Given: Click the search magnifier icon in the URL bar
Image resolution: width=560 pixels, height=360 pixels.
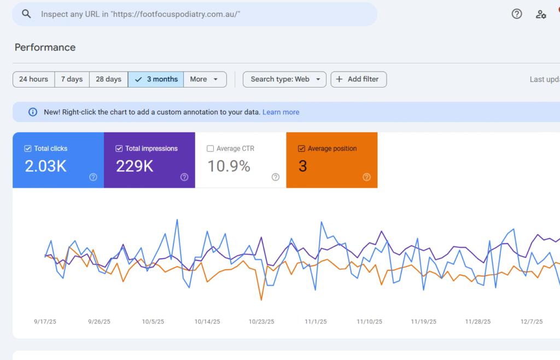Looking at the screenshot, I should [x=26, y=14].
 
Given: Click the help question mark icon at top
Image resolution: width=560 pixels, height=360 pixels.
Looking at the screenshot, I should [x=517, y=14].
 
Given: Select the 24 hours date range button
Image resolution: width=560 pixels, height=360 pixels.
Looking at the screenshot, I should [x=33, y=79].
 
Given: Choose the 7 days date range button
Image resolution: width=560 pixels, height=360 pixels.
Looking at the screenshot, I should [x=72, y=79].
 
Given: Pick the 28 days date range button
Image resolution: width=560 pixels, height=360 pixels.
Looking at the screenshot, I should [x=108, y=79].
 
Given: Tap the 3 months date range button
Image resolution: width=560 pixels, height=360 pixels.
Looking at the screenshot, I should [x=156, y=79].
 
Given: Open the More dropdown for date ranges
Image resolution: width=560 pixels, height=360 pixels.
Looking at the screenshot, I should [x=205, y=79].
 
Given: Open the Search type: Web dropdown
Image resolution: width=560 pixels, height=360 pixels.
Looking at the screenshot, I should [x=284, y=79].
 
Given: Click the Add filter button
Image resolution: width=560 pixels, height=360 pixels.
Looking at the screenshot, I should [x=359, y=79].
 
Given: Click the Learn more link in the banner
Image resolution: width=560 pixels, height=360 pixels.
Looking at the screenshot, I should [x=281, y=112].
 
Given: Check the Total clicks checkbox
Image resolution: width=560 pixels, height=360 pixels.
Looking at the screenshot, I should [x=28, y=148].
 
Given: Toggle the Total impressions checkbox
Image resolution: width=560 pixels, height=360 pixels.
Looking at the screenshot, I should [x=119, y=148].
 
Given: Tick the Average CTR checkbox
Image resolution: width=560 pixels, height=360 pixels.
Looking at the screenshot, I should [x=211, y=148].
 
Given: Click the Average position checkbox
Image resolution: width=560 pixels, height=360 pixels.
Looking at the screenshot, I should [x=301, y=148].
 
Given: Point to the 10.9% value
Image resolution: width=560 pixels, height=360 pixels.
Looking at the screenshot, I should [x=229, y=166].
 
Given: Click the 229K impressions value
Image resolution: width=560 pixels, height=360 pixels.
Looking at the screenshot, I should [x=135, y=166].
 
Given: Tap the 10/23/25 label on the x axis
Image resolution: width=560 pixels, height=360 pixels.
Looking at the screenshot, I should [x=261, y=322].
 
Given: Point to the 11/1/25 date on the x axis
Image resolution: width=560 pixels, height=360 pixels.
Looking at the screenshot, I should [x=316, y=322].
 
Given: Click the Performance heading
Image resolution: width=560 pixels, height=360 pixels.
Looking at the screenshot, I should [x=45, y=48].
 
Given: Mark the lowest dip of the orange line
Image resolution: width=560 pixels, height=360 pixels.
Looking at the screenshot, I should [x=261, y=300].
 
